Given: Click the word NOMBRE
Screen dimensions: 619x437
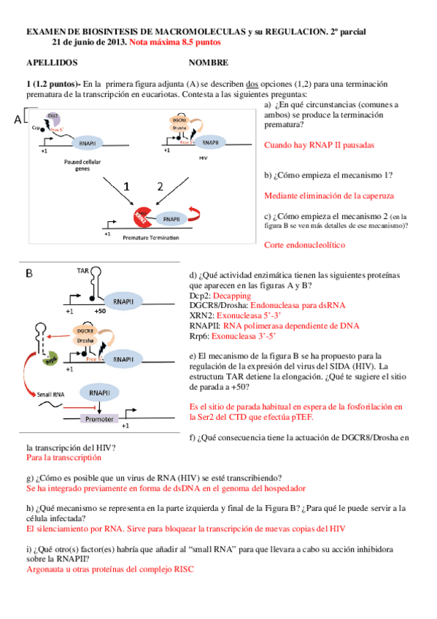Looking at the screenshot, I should tap(208, 63).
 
